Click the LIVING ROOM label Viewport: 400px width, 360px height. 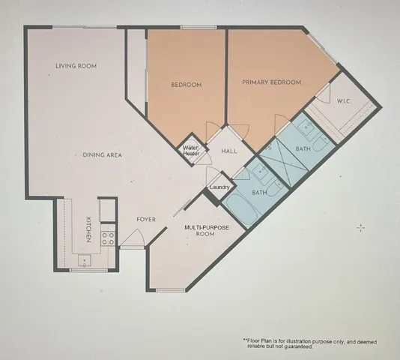(x=76, y=66)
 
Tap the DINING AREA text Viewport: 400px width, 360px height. (x=102, y=155)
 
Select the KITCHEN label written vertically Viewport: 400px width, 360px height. (x=88, y=228)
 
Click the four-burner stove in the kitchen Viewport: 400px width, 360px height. (x=108, y=238)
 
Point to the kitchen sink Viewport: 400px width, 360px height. (x=85, y=261)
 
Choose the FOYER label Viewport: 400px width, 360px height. (x=145, y=220)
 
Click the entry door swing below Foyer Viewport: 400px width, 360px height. (x=132, y=238)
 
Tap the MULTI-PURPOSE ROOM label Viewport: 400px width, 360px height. (x=200, y=230)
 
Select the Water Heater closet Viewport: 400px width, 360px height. (x=191, y=150)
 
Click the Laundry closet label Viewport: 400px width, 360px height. (x=219, y=187)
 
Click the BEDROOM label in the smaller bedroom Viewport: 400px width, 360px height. (x=186, y=85)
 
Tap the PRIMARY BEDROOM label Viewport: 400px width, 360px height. (x=271, y=82)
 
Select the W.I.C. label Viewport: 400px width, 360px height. (x=345, y=101)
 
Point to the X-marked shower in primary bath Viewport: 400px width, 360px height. (x=279, y=159)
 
